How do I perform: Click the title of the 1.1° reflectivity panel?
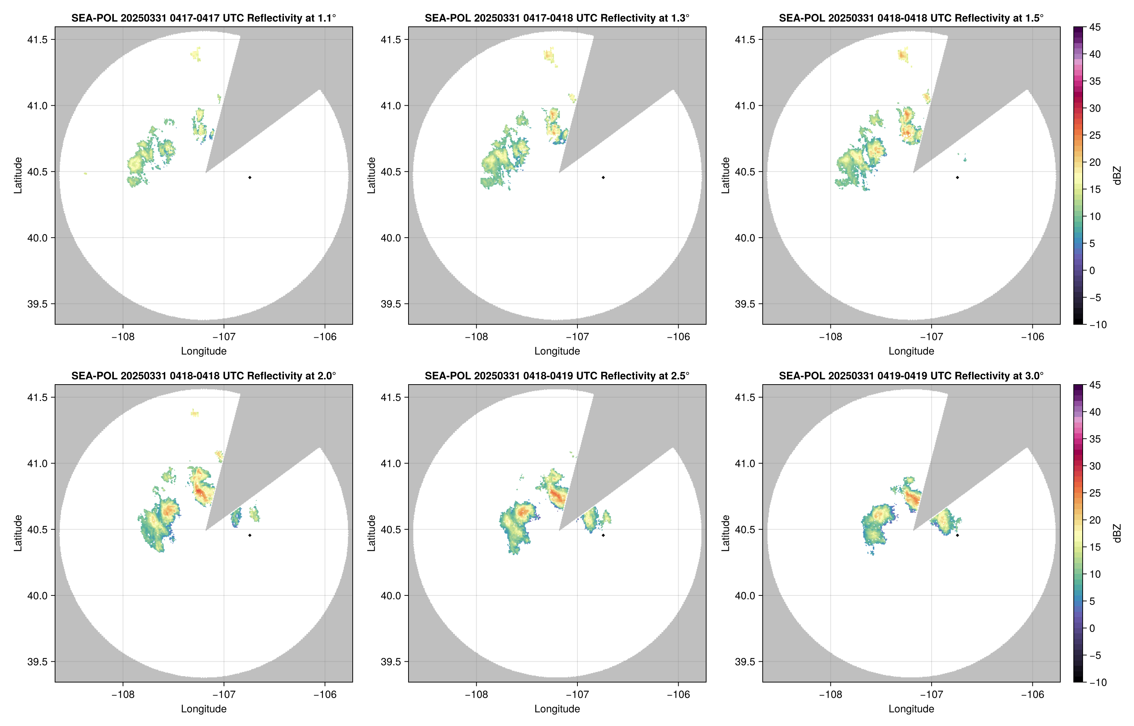point(204,18)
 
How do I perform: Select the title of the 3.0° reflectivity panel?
point(911,376)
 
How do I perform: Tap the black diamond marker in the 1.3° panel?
point(603,178)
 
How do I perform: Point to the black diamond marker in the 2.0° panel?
point(249,536)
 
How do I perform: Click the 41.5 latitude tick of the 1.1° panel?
point(37,39)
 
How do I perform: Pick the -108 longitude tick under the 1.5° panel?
point(830,337)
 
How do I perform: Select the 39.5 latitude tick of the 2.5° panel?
point(391,661)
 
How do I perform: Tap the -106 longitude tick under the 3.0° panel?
point(1032,694)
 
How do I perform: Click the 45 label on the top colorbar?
point(1095,28)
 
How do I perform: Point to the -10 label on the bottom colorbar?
point(1098,682)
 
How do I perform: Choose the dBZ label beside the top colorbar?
point(1117,176)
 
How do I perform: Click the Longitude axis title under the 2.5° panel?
point(557,709)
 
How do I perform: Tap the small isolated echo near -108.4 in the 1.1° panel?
point(85,173)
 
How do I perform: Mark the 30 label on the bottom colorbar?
point(1095,466)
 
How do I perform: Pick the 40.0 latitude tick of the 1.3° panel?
point(391,238)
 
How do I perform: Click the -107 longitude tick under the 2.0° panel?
point(224,694)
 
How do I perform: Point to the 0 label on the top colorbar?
point(1092,271)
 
